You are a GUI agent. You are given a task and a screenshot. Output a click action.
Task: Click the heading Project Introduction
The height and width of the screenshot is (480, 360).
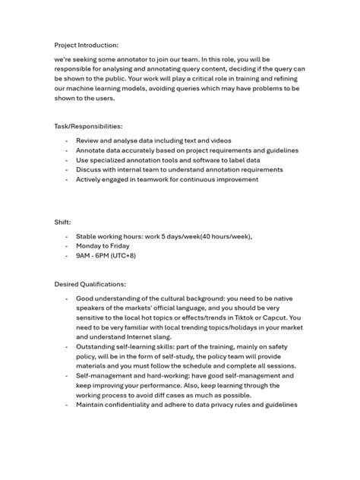click(87, 44)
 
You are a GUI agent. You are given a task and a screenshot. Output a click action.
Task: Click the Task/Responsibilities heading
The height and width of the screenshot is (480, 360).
click(88, 126)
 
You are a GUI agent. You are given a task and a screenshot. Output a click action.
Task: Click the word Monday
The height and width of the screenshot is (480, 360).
click(90, 246)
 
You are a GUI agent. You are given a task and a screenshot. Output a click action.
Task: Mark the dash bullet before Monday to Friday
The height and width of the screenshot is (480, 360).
click(67, 246)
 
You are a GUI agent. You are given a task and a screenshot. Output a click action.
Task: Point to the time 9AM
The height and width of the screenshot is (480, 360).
click(85, 256)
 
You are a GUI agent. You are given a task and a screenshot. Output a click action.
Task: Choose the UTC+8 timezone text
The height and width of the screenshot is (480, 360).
click(144, 256)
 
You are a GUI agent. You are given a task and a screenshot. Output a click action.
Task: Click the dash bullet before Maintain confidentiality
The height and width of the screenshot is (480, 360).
click(67, 405)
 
